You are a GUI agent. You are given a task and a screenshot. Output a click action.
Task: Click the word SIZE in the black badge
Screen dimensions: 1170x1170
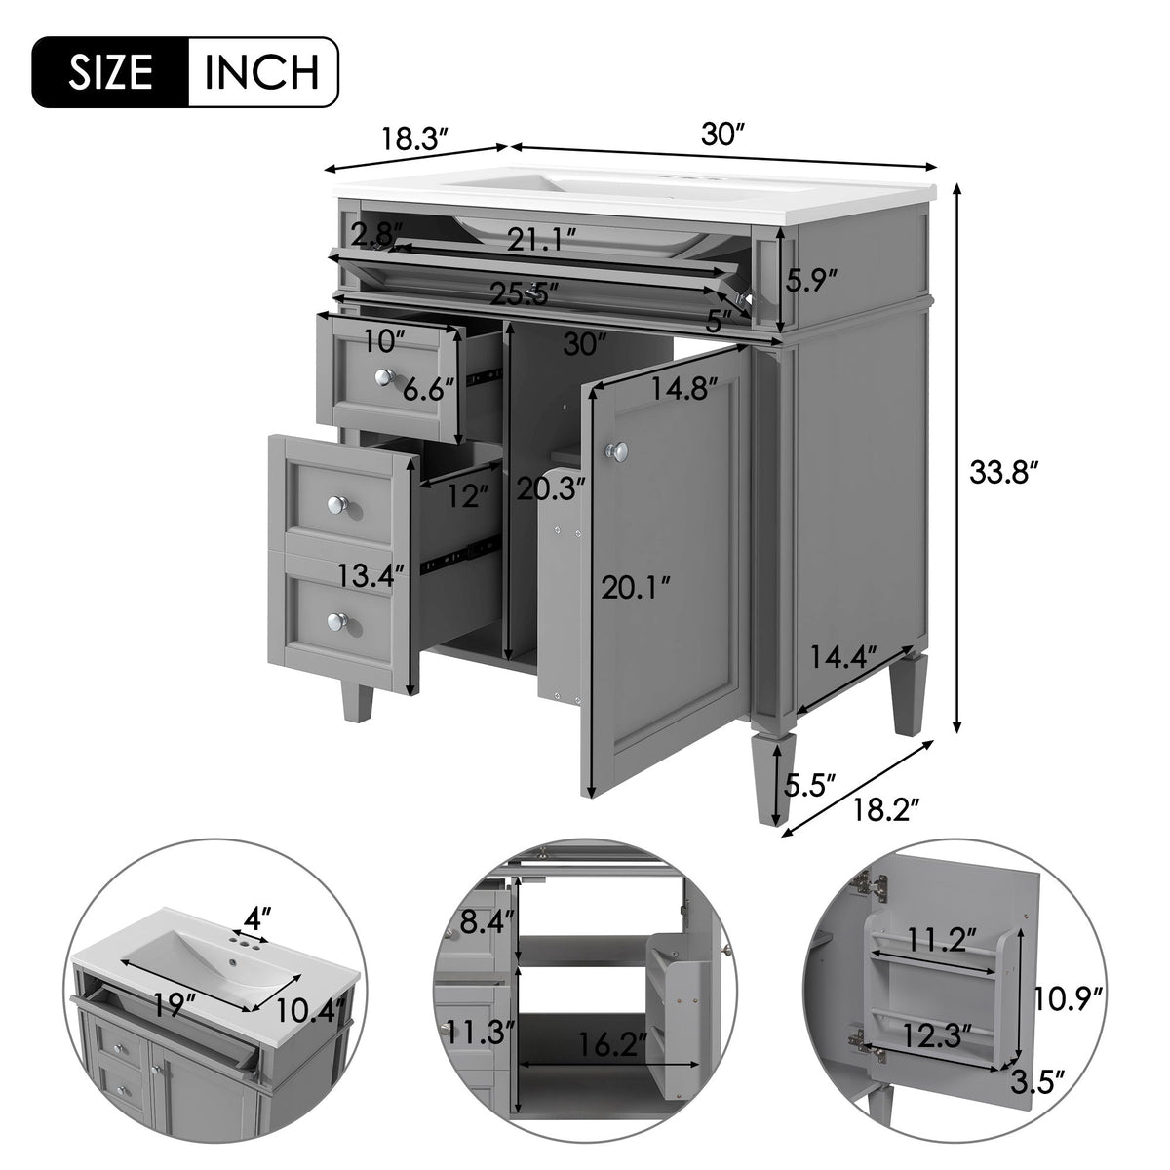point(109,71)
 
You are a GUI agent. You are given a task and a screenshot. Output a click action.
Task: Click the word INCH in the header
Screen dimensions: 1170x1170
point(262,71)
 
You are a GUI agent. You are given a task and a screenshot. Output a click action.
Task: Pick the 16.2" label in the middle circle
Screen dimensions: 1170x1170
point(612,1046)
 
